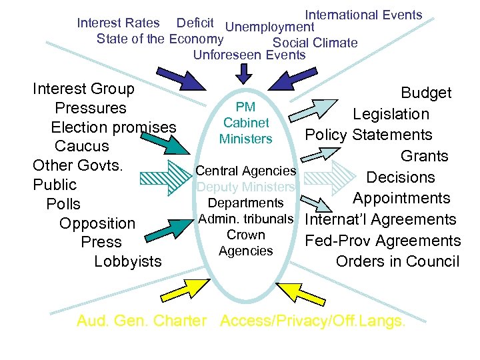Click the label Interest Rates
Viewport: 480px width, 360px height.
coord(118,23)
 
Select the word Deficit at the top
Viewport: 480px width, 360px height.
coord(195,23)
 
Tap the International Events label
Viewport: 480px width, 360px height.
coord(363,15)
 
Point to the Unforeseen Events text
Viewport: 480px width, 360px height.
coord(249,55)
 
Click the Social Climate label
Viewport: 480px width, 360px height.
coord(315,43)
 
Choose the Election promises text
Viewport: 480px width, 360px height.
coord(113,127)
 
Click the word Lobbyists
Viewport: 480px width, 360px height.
coord(128,261)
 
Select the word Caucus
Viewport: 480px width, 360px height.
coord(81,146)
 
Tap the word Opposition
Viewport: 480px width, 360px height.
coord(97,223)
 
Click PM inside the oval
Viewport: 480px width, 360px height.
coord(246,107)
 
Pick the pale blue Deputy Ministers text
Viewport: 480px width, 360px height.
coord(245,187)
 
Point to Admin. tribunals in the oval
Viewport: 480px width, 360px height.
coord(246,219)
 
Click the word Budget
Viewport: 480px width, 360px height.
coord(426,93)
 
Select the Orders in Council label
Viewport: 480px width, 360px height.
coord(397,261)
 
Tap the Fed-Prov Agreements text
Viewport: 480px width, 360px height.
coord(382,241)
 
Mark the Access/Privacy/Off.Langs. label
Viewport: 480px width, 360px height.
coord(312,321)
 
